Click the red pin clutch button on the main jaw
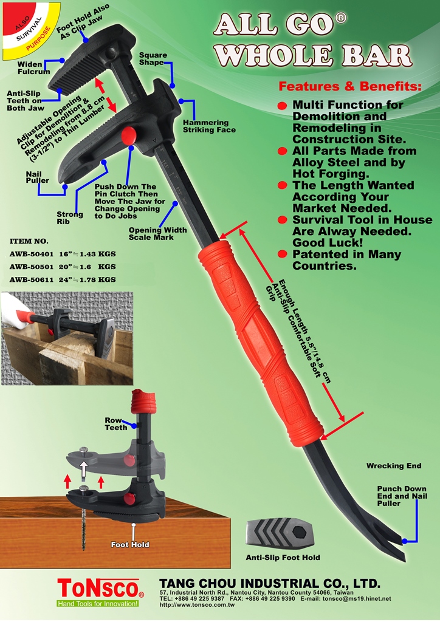point(128,136)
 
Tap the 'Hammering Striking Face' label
point(209,126)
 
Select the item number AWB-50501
point(32,267)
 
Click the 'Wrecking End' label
point(394,466)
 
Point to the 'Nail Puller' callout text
point(38,177)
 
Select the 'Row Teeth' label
point(116,423)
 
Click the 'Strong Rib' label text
point(70,218)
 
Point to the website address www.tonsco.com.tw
point(197,605)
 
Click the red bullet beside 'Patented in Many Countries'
point(282,254)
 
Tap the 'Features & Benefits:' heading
point(350,86)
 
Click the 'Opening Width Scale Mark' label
point(157,234)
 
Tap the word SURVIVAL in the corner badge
point(29,29)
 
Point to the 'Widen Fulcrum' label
point(33,68)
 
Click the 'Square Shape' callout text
point(153,59)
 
